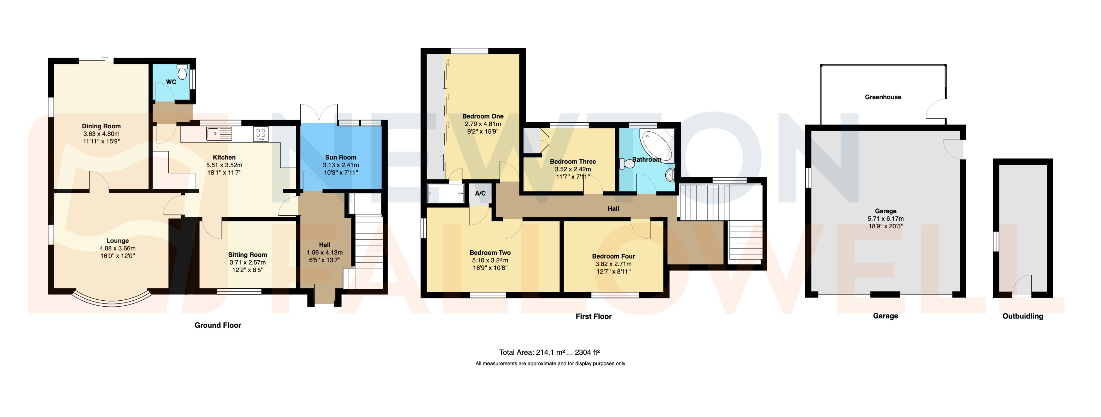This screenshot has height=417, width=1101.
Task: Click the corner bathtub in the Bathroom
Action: point(657,144)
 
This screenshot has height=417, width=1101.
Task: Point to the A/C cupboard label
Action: point(480,193)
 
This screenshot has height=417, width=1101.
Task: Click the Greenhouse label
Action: point(883,97)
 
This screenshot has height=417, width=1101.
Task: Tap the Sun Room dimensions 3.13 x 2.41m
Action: point(341,165)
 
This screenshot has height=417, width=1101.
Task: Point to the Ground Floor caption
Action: point(218,325)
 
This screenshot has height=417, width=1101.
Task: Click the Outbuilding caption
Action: point(1023,316)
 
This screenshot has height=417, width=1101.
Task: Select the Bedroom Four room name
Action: point(613,256)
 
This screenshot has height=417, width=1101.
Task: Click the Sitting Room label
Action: point(248,255)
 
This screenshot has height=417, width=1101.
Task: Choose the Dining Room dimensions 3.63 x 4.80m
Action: point(101,134)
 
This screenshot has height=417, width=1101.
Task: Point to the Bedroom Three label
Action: point(573,162)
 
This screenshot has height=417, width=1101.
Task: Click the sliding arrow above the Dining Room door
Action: point(105,57)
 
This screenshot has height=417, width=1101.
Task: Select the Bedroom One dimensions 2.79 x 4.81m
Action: point(483,124)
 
